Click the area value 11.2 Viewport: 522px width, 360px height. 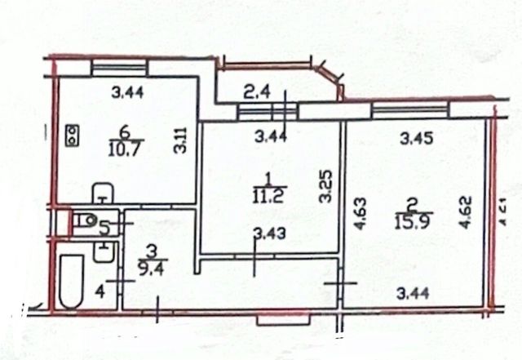pos(267,196)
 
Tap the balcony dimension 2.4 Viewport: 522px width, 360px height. pos(257,93)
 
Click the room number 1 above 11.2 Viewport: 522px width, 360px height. pos(267,177)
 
